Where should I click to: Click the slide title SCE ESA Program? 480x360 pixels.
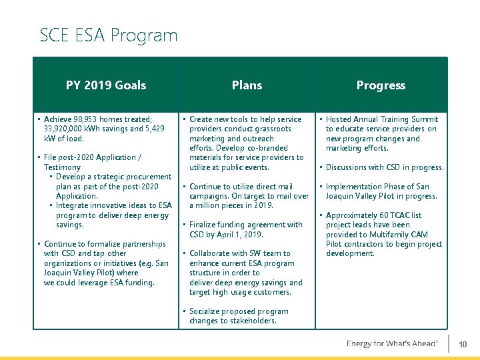click(109, 35)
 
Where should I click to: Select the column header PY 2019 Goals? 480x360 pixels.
click(106, 85)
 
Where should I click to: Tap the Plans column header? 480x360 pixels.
click(247, 85)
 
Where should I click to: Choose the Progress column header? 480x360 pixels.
click(381, 85)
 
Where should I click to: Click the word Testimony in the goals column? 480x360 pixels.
click(62, 167)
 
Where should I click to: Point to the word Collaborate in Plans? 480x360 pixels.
click(213, 253)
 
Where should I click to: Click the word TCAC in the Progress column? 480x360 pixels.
click(397, 215)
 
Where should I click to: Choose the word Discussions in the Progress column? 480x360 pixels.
click(349, 167)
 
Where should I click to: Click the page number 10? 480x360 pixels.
click(463, 344)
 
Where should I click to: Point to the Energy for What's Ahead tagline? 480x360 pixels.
click(392, 344)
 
